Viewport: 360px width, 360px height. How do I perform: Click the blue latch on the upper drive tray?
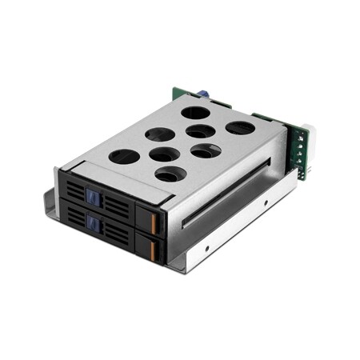[92, 197]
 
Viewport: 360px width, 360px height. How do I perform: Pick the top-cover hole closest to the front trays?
[170, 174]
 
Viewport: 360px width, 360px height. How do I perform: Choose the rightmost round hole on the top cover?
[239, 127]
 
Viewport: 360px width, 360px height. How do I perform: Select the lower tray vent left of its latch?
[77, 218]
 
